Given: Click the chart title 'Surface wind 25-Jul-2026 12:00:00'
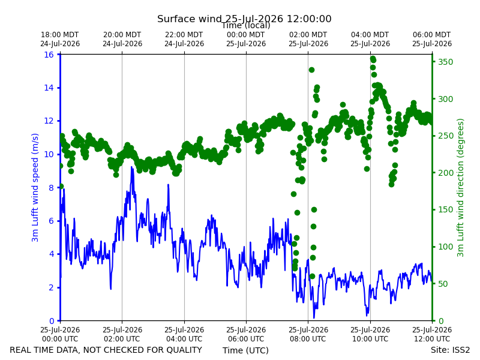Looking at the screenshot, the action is coord(244,19).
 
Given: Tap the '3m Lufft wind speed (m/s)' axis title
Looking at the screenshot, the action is coord(35,187).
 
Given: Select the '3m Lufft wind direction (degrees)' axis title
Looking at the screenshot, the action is coord(460,188).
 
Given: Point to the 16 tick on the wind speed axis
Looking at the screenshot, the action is coord(49,55).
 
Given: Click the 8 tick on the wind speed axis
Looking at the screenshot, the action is coord(51,188).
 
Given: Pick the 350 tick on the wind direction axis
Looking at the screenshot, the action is coord(445,62).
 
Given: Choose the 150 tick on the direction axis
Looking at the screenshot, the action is coord(445,209).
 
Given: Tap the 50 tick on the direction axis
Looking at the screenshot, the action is coord(443,284).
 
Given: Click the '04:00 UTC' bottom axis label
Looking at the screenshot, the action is coord(184,339).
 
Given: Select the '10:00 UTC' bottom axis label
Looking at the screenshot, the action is coord(370,339).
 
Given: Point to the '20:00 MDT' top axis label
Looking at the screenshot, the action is coord(122,35).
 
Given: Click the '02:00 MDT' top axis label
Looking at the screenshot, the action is coord(308,35).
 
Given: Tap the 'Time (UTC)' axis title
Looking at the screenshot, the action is coord(245,350).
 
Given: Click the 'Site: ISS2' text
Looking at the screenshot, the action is coord(450,350).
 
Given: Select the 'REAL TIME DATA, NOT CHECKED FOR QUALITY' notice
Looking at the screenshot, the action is coord(106,350).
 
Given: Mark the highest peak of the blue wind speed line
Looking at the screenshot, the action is coord(131,167).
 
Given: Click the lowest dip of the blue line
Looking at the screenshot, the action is coord(314,318).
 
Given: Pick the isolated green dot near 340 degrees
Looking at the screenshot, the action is coord(311,70).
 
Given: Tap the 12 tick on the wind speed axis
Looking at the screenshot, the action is coord(49,121).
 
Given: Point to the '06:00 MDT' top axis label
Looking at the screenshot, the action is coord(432,35).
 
